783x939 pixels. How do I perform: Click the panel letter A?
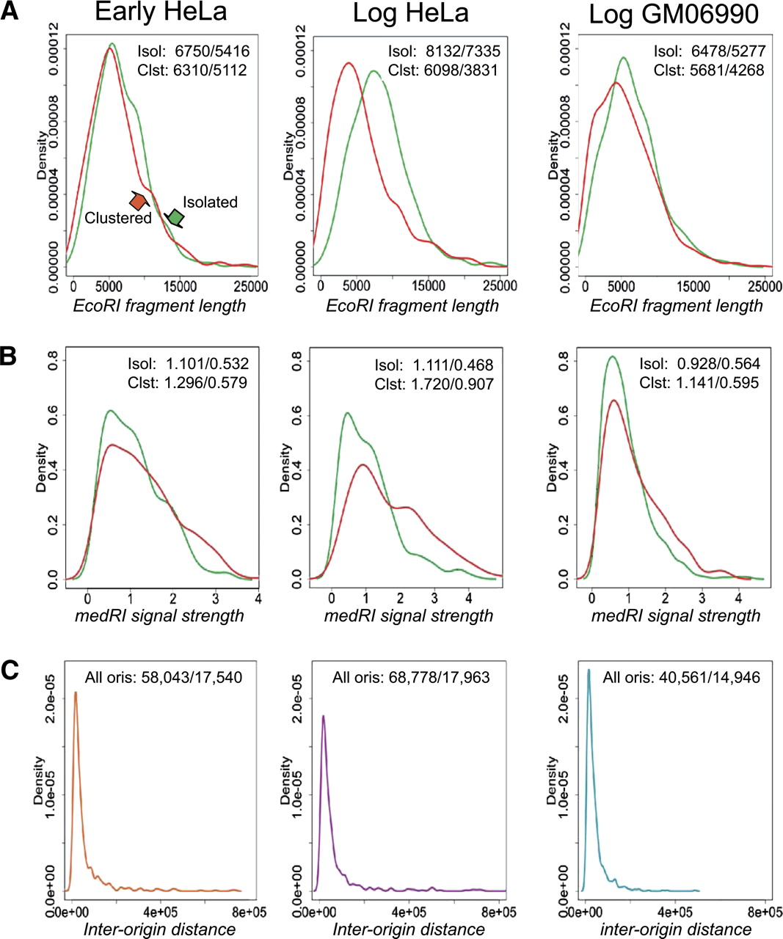(x=10, y=14)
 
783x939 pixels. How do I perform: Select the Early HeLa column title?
(x=161, y=12)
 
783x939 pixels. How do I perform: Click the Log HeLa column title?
(x=411, y=14)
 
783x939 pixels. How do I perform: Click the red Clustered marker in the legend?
(x=137, y=200)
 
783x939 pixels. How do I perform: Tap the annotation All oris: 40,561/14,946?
(x=681, y=677)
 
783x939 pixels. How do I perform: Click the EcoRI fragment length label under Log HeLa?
(x=412, y=306)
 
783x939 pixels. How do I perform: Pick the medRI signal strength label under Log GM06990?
(x=676, y=615)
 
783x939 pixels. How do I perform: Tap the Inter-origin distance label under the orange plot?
(x=159, y=929)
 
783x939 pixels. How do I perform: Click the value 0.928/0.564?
(x=719, y=365)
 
